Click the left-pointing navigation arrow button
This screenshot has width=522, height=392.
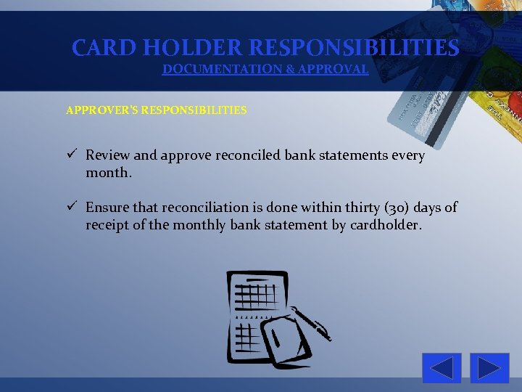[x=442, y=368]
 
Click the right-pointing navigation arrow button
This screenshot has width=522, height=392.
[x=489, y=368]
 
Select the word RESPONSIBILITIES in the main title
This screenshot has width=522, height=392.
[x=354, y=48]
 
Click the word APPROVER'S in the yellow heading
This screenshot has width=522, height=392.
[x=101, y=110]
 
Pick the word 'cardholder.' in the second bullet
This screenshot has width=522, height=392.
[x=385, y=225]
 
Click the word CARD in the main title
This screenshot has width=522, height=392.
[x=104, y=48]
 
